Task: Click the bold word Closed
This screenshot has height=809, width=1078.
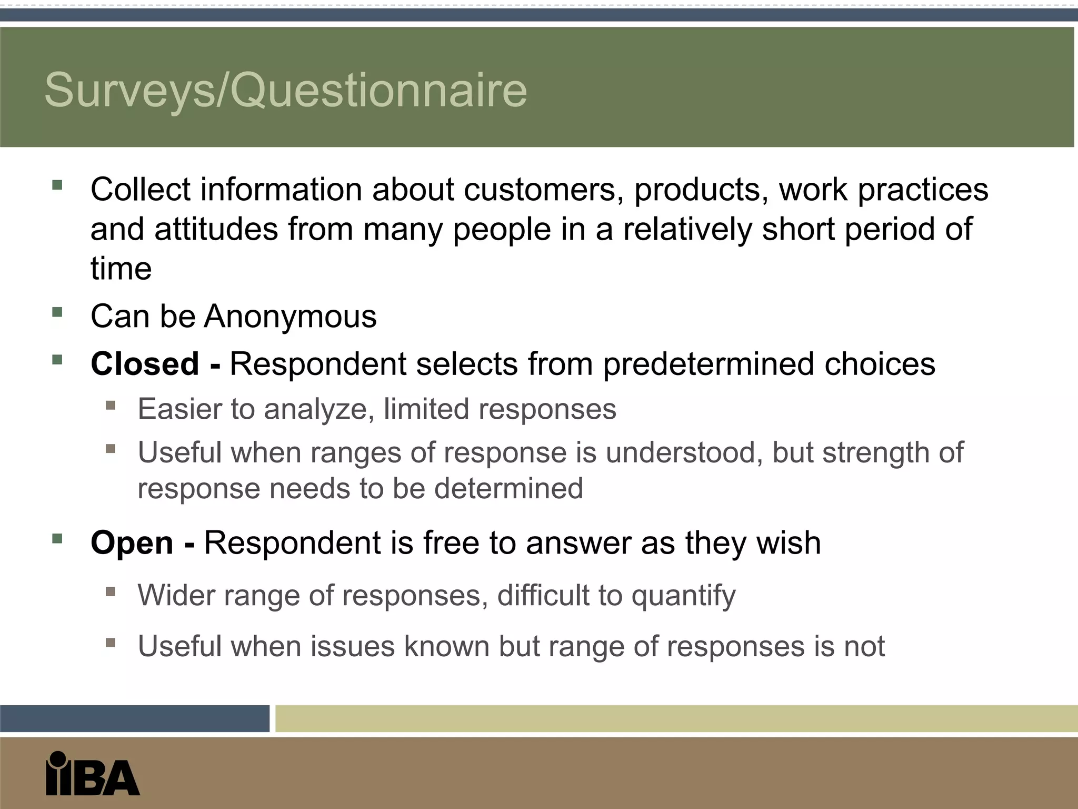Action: (x=145, y=363)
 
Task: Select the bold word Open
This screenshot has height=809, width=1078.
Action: (x=132, y=542)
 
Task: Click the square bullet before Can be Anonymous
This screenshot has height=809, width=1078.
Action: (x=57, y=312)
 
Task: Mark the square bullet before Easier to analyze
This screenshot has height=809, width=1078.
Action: (x=111, y=406)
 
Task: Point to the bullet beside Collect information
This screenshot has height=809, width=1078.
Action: (x=57, y=185)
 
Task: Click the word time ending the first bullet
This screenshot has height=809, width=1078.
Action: (x=121, y=269)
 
